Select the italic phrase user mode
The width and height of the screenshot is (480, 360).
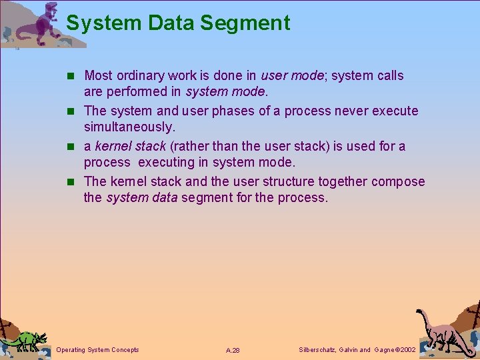pos(292,75)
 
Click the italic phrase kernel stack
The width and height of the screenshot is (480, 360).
pos(129,146)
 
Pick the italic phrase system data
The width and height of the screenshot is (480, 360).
pos(142,198)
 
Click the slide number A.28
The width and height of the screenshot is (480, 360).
pos(233,350)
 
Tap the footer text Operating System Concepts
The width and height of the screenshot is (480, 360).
pos(98,350)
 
